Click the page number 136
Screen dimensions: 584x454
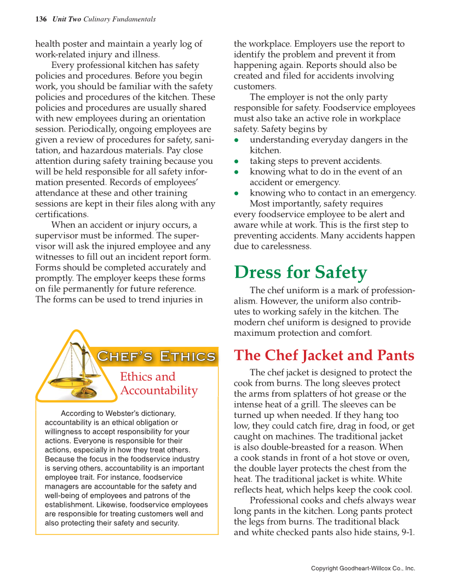[41, 19]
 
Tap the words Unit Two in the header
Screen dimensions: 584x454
[67, 19]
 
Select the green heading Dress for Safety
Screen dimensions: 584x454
[300, 272]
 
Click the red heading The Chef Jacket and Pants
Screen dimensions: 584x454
[324, 356]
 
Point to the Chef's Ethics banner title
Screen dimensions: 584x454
[156, 357]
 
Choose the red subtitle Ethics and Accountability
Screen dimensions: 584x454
[158, 383]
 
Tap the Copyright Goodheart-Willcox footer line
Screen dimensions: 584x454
[363, 568]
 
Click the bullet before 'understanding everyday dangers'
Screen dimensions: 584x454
[237, 140]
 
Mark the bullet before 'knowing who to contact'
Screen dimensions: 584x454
[237, 193]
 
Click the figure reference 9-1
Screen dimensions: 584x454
[408, 532]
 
